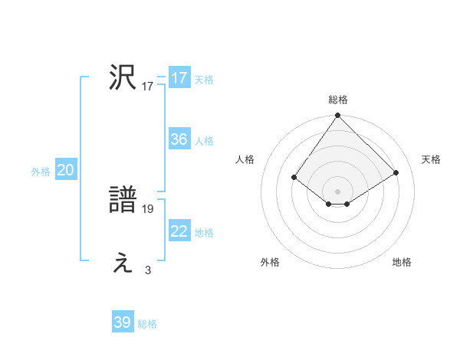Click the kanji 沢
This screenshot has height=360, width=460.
tap(123, 77)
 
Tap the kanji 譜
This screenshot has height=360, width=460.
tap(123, 200)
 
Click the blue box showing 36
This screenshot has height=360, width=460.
tap(179, 139)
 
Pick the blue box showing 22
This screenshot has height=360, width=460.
tap(179, 231)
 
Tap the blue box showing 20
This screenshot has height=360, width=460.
tap(65, 170)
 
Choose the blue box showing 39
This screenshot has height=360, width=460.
tap(123, 322)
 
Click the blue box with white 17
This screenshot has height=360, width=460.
tap(179, 78)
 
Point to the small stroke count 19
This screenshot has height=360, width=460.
tap(148, 208)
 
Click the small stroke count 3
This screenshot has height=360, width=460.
tap(148, 270)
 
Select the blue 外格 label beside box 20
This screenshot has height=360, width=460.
tap(41, 172)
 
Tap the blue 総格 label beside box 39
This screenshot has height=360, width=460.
tap(148, 324)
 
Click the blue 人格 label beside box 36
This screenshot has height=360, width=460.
tap(204, 141)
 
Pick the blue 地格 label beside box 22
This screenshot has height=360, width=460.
tap(204, 233)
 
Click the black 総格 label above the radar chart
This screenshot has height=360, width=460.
tap(338, 100)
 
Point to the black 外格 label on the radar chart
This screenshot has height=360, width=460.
tap(270, 262)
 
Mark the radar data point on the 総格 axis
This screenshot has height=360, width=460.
tap(338, 116)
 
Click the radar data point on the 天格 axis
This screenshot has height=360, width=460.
tap(396, 172)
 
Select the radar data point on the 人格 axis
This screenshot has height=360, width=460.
tap(294, 177)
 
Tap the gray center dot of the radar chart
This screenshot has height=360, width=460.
tap(338, 191)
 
